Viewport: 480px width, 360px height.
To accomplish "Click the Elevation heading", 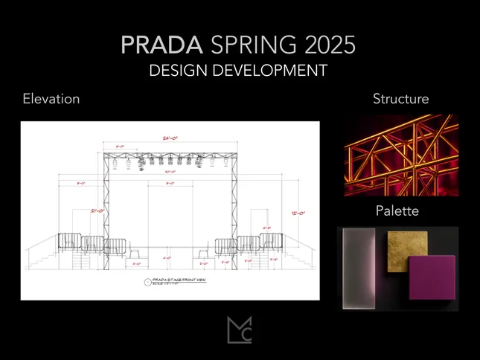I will point(51,99).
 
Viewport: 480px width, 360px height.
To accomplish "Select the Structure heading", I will point(400,99).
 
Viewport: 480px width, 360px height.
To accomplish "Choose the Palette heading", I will point(397,211).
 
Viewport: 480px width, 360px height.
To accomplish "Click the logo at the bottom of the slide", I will point(240,330).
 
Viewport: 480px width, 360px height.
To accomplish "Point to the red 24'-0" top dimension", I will point(171,138).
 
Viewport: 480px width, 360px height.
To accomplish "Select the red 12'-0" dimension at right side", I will point(297,213).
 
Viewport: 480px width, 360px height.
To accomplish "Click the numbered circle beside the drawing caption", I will point(146,282).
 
